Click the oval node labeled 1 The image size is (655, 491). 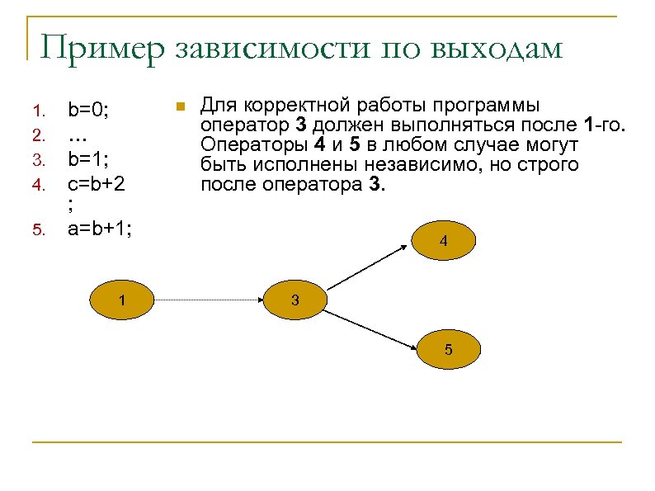(x=121, y=300)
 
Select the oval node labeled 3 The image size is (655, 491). (x=295, y=300)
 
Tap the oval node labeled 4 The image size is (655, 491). (x=444, y=242)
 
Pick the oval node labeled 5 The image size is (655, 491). (x=448, y=349)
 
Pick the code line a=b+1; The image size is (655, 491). (x=99, y=229)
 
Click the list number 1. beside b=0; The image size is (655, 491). (x=38, y=110)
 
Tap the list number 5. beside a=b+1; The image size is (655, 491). (x=38, y=230)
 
